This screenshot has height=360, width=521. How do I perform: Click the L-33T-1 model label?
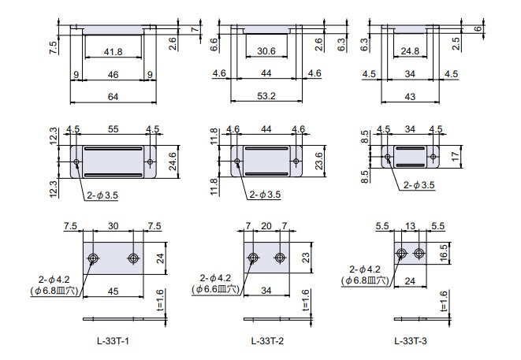[113, 341]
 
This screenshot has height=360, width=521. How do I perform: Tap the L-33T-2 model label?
[267, 341]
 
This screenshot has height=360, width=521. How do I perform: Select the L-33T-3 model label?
[411, 341]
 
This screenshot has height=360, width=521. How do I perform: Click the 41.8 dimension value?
[113, 52]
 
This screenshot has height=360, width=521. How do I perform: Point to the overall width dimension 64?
[113, 97]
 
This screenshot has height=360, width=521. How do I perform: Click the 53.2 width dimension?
[266, 96]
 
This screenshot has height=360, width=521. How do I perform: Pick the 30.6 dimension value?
[266, 51]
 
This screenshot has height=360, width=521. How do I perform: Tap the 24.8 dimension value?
[410, 51]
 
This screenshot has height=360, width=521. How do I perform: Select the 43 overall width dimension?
[410, 97]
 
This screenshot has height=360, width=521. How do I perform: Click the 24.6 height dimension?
[173, 161]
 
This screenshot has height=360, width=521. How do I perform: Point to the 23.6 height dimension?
[319, 161]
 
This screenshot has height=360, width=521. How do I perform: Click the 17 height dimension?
[456, 156]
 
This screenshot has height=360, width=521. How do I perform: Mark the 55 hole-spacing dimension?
[113, 129]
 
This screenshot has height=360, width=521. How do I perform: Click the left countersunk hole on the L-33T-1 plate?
[93, 258]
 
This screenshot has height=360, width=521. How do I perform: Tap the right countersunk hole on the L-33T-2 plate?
[280, 258]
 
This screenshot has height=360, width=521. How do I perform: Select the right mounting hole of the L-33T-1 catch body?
[151, 161]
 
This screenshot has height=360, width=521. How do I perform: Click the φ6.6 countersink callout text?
[215, 289]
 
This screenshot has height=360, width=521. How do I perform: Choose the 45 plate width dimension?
[113, 291]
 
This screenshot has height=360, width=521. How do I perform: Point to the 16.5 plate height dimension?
[444, 253]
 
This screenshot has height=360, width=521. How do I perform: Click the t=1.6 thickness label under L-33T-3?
[444, 302]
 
